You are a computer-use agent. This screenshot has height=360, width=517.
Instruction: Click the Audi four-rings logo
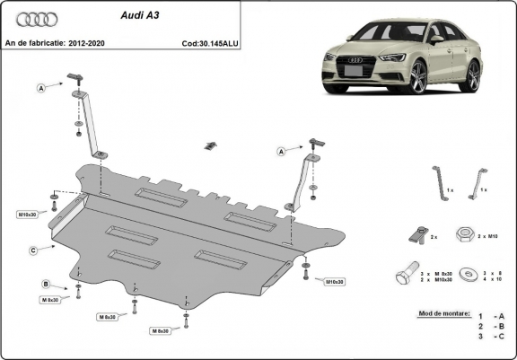click(37, 19)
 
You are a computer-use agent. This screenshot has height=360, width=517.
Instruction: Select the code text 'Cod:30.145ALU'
click(209, 42)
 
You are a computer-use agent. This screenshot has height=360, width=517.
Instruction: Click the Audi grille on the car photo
click(355, 70)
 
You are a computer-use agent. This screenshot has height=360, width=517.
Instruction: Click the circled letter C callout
click(32, 250)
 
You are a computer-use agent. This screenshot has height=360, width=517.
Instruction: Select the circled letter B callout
click(44, 285)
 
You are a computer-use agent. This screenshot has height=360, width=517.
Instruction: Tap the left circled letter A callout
click(40, 88)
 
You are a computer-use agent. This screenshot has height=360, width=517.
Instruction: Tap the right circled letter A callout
click(281, 152)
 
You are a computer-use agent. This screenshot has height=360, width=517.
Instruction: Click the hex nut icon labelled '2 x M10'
click(465, 233)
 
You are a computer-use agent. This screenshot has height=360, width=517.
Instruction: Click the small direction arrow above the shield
click(211, 145)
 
